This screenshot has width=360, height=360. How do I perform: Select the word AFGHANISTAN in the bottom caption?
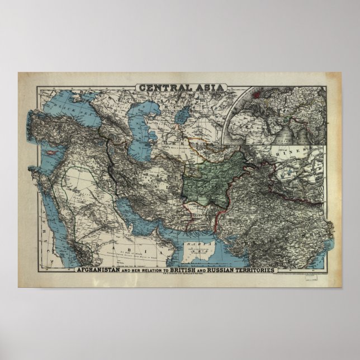click(106, 270)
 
